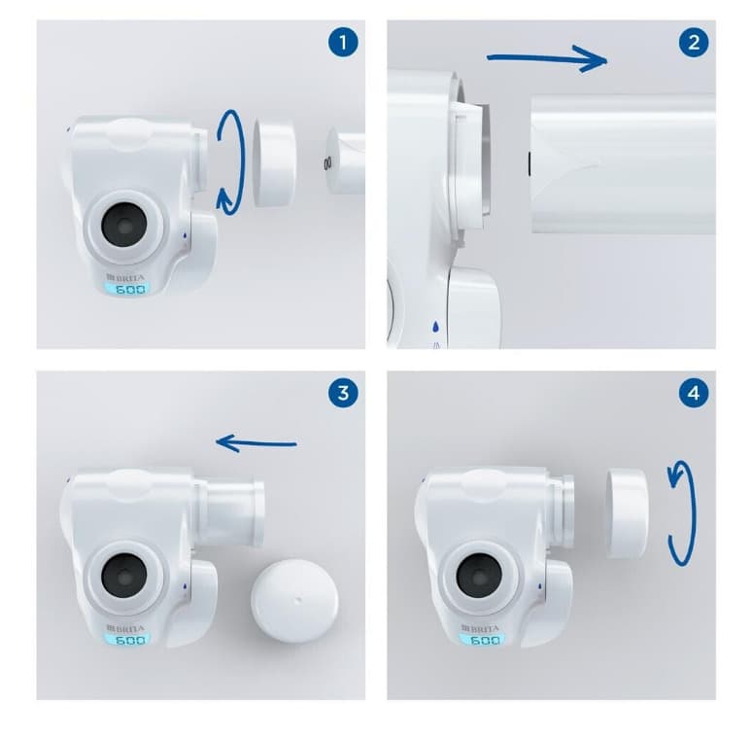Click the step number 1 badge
pos(343,43)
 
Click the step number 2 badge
pos(694,43)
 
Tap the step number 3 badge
pos(343,394)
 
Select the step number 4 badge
pos(694,394)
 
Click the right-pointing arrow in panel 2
pos(547,58)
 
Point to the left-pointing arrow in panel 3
pos(256,443)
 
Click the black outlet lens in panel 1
pos(124,225)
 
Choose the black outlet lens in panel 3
pos(124,576)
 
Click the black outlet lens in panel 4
pos(479,576)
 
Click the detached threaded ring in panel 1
pos(274,163)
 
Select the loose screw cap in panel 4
pos(628,514)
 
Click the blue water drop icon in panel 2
pos(435,327)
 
